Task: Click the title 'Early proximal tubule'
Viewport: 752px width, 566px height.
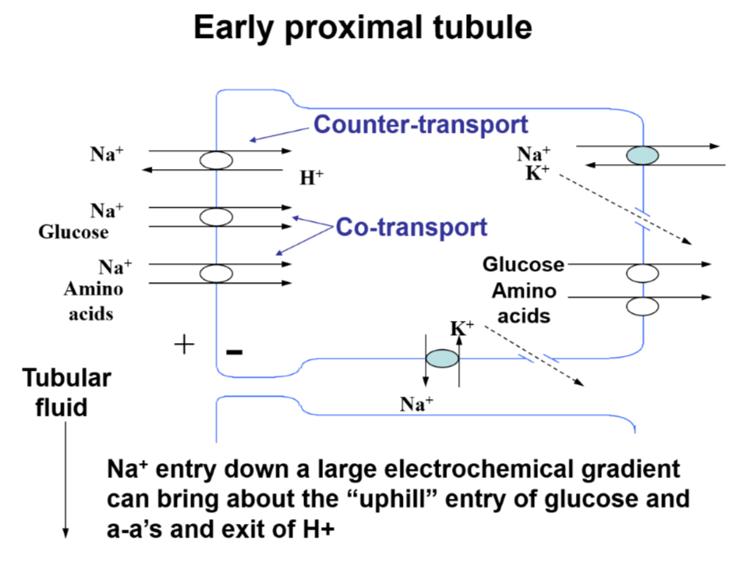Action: click(363, 28)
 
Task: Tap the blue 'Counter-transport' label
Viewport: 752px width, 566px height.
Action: click(420, 124)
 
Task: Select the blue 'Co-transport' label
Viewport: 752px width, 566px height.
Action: click(411, 228)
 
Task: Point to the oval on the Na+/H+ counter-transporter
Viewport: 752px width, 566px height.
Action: click(216, 160)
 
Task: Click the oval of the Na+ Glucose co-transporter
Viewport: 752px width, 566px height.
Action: click(216, 217)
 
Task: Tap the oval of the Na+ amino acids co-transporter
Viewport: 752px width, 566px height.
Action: click(216, 274)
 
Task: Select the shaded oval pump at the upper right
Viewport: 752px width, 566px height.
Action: click(643, 156)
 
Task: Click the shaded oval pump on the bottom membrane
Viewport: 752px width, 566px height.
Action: click(442, 359)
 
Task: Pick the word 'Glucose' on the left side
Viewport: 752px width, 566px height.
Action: click(73, 232)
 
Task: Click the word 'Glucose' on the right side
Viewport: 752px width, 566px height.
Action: click(523, 264)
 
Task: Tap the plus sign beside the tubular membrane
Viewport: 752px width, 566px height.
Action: click(183, 344)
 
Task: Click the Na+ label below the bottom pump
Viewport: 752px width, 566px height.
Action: click(416, 405)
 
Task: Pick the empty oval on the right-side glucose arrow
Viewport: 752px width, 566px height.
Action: click(643, 274)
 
